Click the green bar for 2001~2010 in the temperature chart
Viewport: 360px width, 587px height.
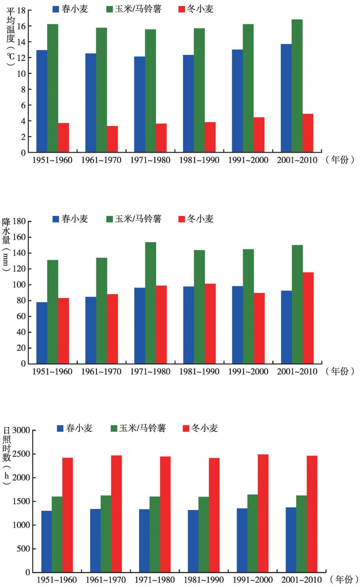pos(297,86)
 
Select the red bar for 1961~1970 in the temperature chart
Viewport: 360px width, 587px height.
pos(112,139)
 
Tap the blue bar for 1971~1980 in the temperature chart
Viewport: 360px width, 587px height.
pos(139,104)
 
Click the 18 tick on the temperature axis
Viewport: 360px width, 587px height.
pos(21,11)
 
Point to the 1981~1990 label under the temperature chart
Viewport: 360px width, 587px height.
pos(199,160)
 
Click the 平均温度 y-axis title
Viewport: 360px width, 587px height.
pos(10,25)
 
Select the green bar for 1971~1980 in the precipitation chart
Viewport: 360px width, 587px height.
pos(150,303)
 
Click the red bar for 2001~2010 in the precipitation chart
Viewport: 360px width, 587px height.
pos(308,318)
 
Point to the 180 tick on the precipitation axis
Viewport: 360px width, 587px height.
pos(19,221)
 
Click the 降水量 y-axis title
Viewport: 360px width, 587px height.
pos(6,231)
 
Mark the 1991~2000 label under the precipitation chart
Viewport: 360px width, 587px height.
pos(248,371)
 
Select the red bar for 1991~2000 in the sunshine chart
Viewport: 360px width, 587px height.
pos(263,513)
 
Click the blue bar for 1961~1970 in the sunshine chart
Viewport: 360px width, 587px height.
pos(95,540)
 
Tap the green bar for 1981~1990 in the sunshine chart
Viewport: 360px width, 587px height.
pos(203,534)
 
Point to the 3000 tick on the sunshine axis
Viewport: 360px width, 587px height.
pos(21,430)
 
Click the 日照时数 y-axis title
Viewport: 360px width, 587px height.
pos(7,444)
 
